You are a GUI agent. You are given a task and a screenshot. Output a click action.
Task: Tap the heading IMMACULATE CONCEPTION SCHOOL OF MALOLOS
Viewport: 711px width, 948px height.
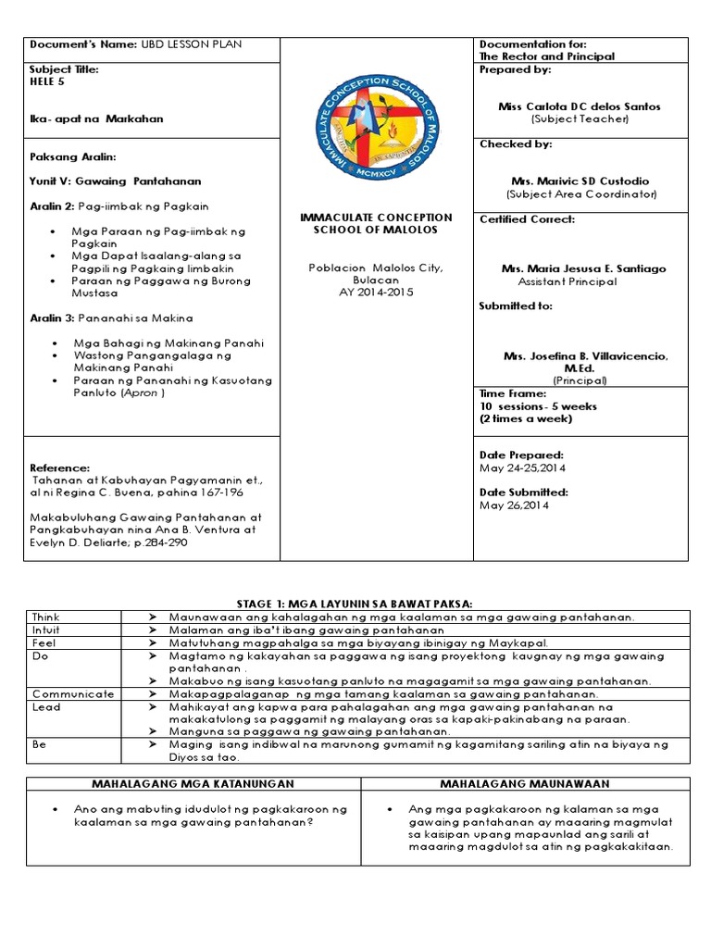(x=376, y=223)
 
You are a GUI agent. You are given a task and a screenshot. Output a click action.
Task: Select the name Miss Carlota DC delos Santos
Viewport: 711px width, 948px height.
(x=580, y=106)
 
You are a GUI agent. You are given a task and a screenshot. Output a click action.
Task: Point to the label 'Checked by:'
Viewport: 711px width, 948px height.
(x=503, y=144)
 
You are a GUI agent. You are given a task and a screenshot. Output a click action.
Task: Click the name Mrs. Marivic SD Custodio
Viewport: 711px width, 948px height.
(x=580, y=181)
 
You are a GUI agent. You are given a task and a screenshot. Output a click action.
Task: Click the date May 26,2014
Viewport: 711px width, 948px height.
(x=514, y=505)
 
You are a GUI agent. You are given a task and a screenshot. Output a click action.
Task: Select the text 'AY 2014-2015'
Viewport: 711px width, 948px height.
(x=376, y=292)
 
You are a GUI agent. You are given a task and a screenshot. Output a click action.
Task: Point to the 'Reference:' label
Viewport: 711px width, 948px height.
(x=60, y=468)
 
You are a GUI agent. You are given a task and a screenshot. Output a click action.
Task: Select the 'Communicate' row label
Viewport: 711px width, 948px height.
(x=72, y=693)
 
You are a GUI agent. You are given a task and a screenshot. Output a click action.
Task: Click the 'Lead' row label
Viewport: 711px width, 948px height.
(x=45, y=706)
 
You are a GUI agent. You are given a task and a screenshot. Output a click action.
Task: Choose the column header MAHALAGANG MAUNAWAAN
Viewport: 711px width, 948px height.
(x=524, y=784)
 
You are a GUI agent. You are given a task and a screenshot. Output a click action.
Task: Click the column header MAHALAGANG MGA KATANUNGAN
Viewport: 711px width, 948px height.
(x=193, y=784)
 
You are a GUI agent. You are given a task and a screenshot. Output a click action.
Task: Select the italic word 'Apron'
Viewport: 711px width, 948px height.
(x=147, y=393)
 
